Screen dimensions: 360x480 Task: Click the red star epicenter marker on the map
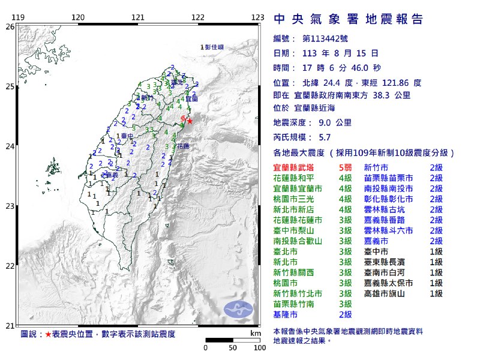[x=190, y=121]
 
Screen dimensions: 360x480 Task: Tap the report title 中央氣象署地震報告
[x=348, y=20]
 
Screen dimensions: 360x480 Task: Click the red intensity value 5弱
[x=344, y=168]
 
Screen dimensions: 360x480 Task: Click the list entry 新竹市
[x=376, y=168]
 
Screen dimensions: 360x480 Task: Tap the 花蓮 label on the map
[x=182, y=146]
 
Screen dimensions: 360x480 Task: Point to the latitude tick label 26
[x=10, y=27]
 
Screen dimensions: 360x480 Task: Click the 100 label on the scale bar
[x=259, y=347]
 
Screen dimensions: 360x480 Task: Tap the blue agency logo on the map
[x=239, y=309]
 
